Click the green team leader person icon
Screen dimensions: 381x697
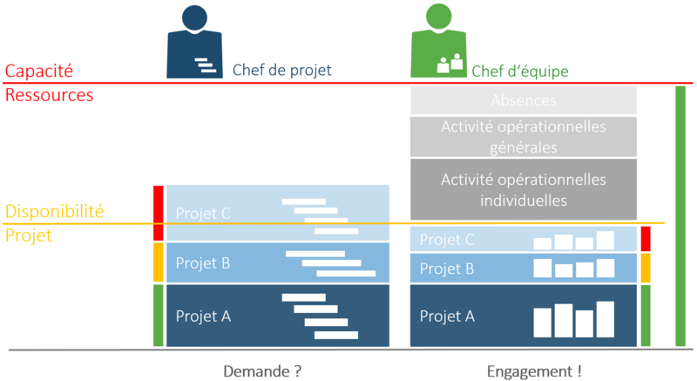click(440, 44)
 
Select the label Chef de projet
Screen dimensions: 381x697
click(281, 71)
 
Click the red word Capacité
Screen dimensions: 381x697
click(39, 71)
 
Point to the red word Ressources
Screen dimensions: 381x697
click(49, 95)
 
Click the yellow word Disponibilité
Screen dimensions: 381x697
click(55, 211)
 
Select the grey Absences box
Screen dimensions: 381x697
click(523, 100)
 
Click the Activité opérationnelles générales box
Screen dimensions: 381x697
click(523, 137)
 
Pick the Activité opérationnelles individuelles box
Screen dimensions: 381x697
click(523, 189)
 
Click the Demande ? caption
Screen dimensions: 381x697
click(262, 371)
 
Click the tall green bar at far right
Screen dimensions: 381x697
click(680, 216)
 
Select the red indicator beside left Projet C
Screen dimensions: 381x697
click(158, 213)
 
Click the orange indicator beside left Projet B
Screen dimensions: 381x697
click(158, 262)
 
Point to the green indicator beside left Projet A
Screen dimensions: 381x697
click(158, 315)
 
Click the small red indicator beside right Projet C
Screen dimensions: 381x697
click(646, 239)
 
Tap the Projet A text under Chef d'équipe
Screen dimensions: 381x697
click(447, 316)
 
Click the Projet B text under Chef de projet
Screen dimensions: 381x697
click(203, 262)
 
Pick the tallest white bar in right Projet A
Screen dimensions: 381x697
click(606, 319)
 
